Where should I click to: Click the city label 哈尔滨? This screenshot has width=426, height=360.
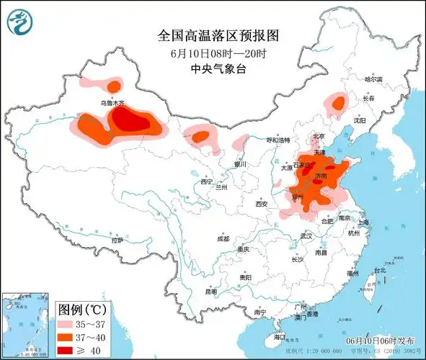tap(373, 79)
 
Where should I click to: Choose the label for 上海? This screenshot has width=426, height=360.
tap(363, 223)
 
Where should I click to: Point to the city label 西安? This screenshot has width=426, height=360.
tap(261, 204)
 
